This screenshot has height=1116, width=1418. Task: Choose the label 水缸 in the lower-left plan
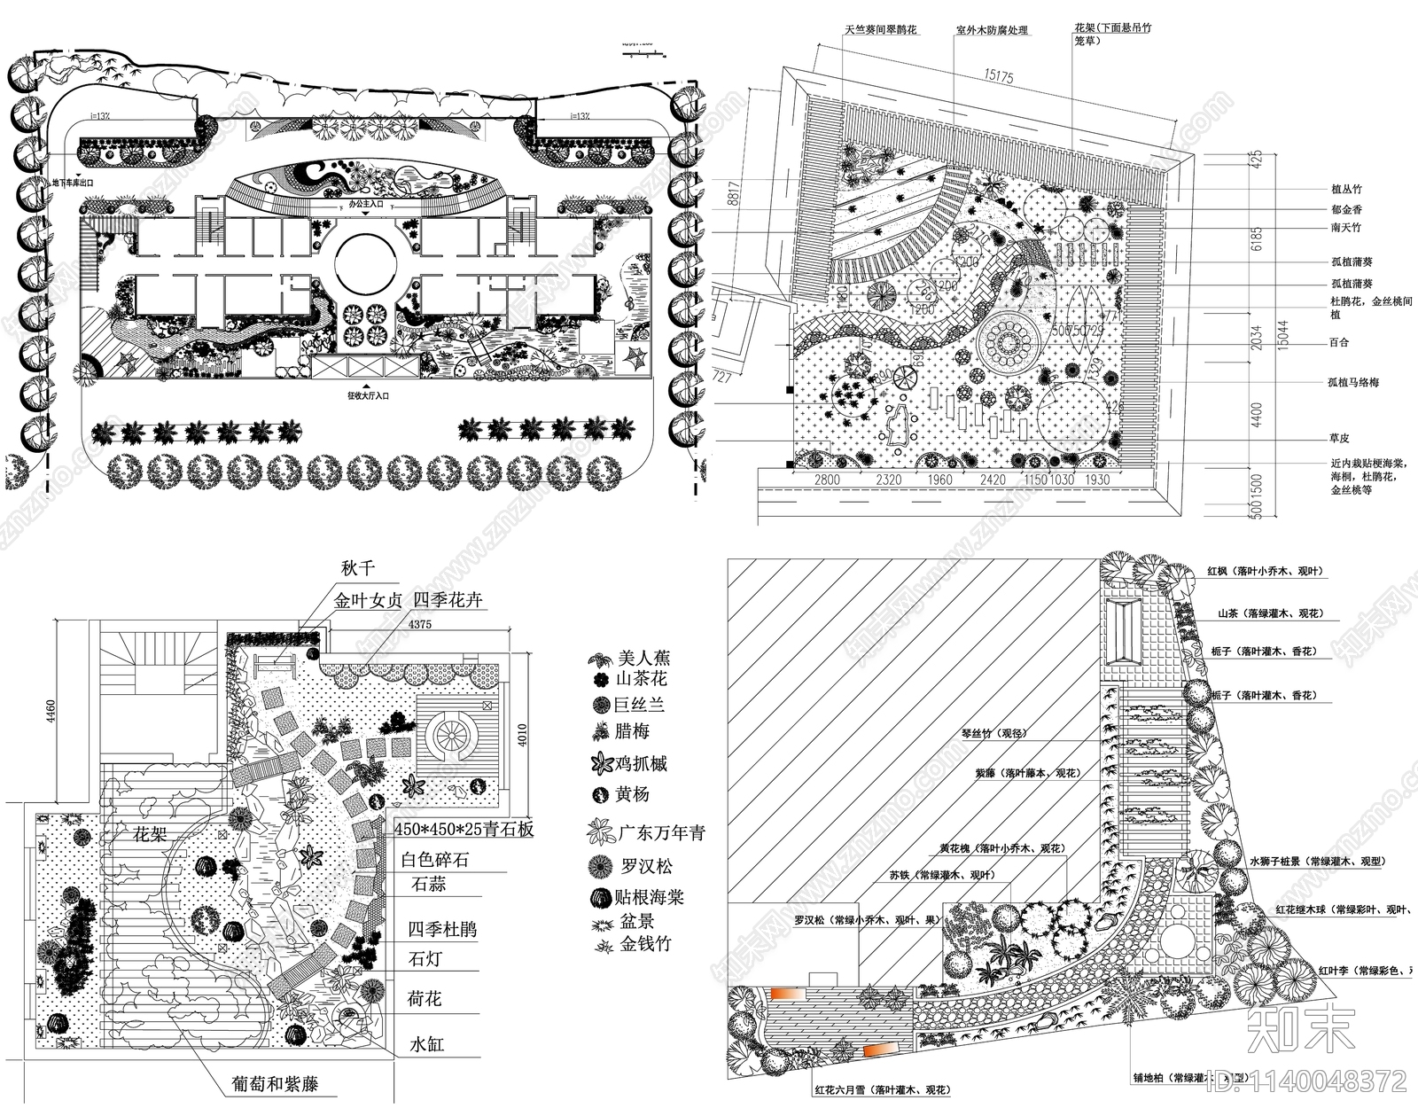click(426, 1043)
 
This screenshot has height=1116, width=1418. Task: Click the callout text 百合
click(1340, 342)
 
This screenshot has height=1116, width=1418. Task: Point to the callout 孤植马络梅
click(1353, 382)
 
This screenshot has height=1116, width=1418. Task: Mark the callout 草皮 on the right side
click(1339, 438)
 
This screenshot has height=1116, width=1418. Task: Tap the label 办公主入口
click(367, 204)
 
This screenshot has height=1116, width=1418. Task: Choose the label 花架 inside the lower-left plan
click(151, 834)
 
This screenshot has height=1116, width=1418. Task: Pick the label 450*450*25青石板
click(464, 831)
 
